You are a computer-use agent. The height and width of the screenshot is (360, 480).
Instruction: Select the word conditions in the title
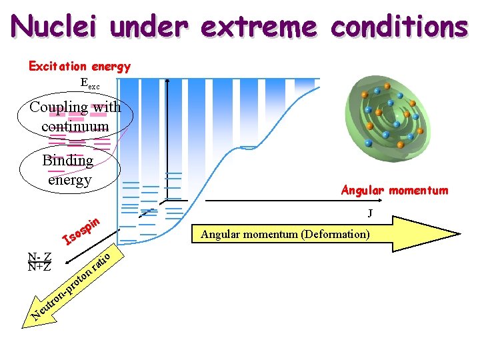[x=399, y=27]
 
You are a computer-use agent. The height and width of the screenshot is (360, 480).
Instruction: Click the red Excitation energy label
[x=79, y=66]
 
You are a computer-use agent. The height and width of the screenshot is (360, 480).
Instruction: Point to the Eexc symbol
[x=89, y=84]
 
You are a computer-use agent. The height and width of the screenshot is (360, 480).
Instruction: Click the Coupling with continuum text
[x=75, y=116]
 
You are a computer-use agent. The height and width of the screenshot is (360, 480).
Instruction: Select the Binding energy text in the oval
[x=68, y=169]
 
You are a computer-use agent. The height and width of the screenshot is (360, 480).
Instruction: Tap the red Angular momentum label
[x=395, y=191]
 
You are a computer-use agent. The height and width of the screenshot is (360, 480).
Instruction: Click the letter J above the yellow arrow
[x=369, y=213]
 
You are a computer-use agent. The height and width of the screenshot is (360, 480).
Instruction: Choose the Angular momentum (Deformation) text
[x=285, y=234]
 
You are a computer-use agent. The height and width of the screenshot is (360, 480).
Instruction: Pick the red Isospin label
[x=81, y=230]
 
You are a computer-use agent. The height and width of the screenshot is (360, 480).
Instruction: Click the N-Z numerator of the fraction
[x=39, y=257]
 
